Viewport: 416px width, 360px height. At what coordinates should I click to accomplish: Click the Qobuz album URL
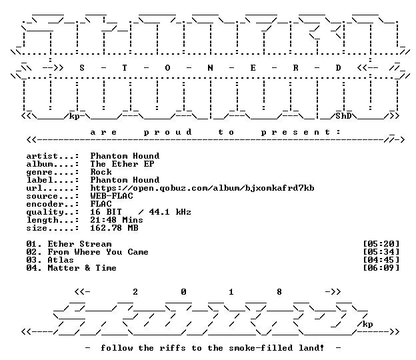[x=202, y=188]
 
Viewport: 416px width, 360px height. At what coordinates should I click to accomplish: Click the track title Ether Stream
[x=79, y=244]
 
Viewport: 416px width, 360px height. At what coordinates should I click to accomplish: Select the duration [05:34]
[x=381, y=252]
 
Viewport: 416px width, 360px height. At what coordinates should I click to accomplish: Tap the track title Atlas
[x=61, y=260]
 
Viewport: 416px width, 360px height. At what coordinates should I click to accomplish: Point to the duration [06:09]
[x=381, y=268]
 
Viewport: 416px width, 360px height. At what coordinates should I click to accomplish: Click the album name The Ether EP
[x=122, y=164]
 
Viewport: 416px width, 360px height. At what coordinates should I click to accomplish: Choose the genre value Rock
[x=101, y=172]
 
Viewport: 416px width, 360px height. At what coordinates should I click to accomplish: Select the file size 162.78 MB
[x=114, y=228]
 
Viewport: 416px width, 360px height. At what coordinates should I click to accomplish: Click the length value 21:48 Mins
[x=117, y=220]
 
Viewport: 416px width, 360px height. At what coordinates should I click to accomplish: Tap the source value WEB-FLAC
[x=111, y=196]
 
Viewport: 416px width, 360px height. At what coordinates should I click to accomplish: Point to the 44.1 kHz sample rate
[x=170, y=212]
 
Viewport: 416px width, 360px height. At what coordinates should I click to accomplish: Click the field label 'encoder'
[x=45, y=204]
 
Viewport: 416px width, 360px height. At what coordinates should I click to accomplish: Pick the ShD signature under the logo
[x=343, y=116]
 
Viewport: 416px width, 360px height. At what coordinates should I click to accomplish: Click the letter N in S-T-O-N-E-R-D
[x=210, y=68]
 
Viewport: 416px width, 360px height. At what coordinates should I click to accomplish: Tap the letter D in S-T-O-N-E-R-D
[x=338, y=68]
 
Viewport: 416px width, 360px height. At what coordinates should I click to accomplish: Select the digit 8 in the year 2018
[x=279, y=292]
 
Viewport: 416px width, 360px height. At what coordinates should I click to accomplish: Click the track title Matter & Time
[x=82, y=268]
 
